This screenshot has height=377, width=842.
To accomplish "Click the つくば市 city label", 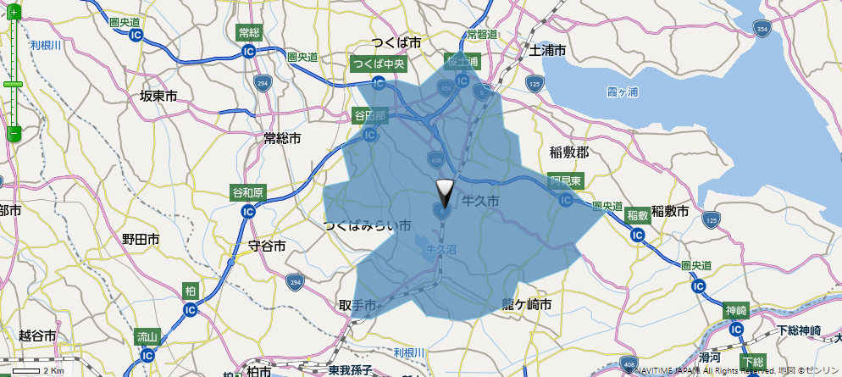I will point(396,42).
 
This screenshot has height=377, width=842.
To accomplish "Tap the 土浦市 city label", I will point(547,51).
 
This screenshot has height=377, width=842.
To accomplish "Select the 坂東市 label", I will point(158,96).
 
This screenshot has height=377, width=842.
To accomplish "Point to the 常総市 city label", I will point(282,137).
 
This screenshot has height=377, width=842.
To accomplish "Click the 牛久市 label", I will point(480,201).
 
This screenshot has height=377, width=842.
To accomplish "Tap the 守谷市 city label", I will point(267,246).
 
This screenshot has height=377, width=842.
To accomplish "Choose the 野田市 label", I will point(141,240).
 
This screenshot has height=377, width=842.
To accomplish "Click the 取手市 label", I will point(357,304).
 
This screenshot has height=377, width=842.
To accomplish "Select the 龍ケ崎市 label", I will point(527,304).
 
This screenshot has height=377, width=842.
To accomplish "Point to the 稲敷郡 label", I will point(568,152).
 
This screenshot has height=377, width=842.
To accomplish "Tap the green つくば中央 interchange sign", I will point(379,64).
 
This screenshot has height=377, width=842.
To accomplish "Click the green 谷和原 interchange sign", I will point(248,193).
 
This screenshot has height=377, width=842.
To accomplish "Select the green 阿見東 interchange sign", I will point(565,181).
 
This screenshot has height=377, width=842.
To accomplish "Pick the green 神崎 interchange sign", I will point(735,311).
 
